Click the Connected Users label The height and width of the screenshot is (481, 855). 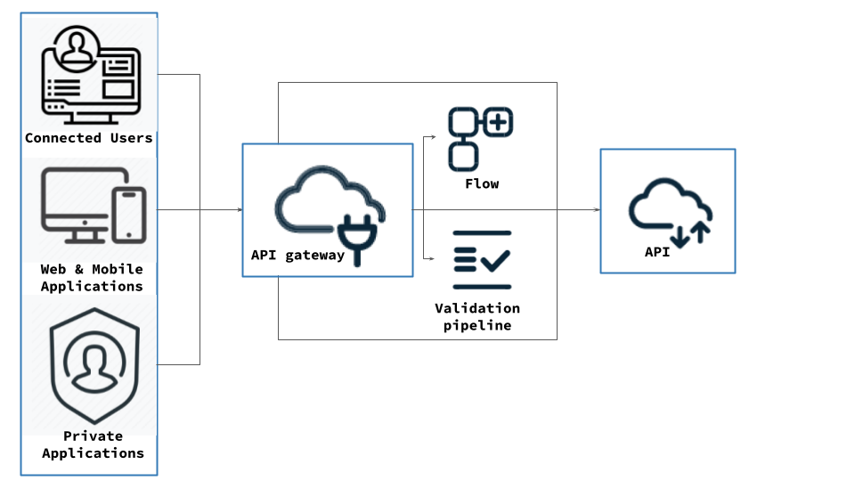click(x=89, y=138)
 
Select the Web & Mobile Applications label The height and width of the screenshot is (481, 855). click(x=92, y=277)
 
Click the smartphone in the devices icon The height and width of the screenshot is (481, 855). click(x=130, y=214)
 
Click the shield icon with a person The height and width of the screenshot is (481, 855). click(x=92, y=366)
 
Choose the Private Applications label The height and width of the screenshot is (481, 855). click(x=93, y=444)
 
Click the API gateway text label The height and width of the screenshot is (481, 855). click(x=297, y=256)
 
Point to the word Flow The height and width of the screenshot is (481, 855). click(x=482, y=183)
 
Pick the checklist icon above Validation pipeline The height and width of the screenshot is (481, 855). click(x=482, y=259)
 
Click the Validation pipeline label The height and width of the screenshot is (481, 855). click(x=477, y=317)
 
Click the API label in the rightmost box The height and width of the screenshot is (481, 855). click(x=657, y=252)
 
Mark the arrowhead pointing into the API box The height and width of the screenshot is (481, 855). click(x=596, y=210)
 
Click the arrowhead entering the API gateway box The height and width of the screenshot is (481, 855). click(x=239, y=210)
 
